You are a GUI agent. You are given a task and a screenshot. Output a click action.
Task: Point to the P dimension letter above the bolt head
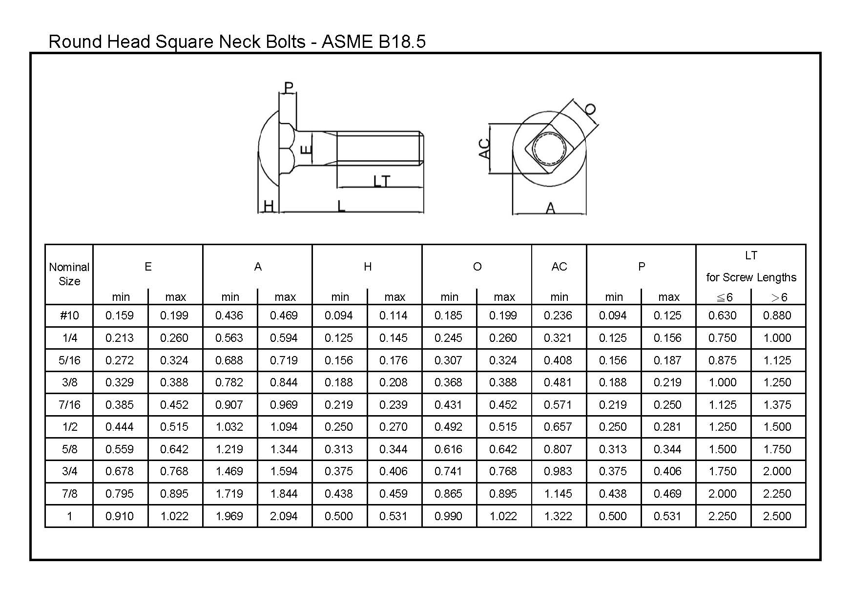point(289,88)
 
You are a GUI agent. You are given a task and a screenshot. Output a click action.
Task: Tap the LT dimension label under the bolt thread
point(381,182)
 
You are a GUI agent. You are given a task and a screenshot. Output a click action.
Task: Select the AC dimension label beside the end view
point(484,148)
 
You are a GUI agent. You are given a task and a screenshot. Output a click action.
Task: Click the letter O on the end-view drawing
point(590,109)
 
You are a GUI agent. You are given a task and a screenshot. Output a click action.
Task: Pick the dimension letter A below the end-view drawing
point(550,209)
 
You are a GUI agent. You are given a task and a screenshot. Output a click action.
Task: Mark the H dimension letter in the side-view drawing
point(269,206)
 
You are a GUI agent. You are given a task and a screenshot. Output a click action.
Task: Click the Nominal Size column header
point(69,274)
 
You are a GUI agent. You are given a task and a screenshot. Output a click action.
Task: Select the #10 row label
point(69,316)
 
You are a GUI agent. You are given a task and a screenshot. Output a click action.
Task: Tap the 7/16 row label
point(69,405)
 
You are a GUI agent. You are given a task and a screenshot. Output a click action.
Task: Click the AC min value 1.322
point(558,516)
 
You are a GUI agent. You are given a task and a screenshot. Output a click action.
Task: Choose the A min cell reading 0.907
point(229,405)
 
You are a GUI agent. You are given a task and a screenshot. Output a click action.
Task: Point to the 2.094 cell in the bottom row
point(284,516)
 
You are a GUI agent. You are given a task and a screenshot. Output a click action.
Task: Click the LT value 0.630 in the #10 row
point(722,316)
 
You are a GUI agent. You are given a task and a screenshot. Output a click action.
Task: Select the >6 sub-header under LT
point(779,297)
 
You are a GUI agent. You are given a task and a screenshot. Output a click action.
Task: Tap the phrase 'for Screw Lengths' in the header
point(751,277)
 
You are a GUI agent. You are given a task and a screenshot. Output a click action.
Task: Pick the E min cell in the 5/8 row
point(120,449)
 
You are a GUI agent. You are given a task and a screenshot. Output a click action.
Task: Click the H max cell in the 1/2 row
point(394,427)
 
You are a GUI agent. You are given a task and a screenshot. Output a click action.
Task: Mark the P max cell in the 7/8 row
point(667,494)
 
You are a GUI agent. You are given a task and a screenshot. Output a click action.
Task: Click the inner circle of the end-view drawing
point(549,148)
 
